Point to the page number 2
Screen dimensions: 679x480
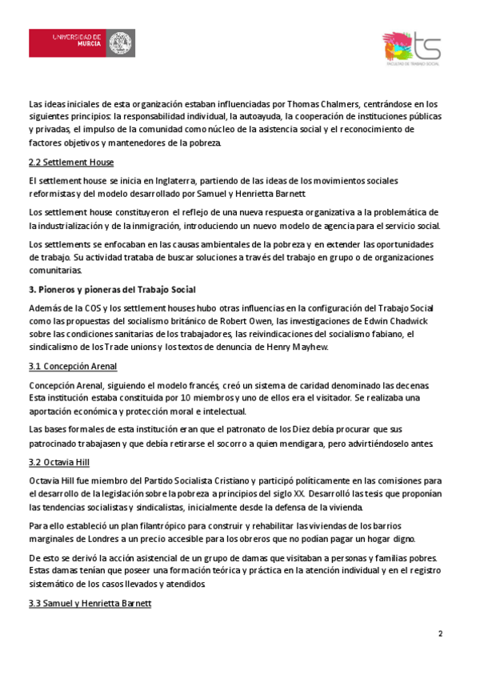[440, 634]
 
